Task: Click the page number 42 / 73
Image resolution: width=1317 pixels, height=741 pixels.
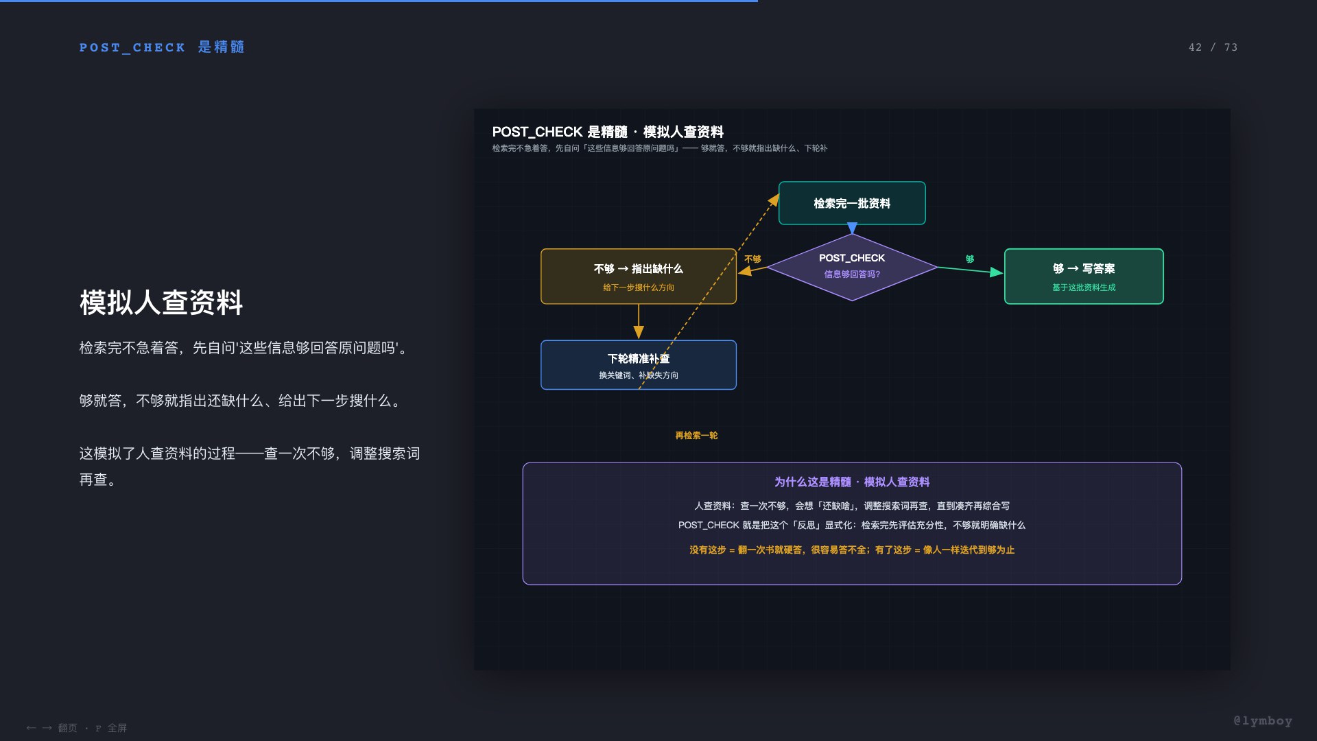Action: click(1213, 47)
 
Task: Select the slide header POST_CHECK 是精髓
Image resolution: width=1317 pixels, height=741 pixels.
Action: click(162, 47)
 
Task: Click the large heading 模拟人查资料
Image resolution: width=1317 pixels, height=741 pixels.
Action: click(161, 303)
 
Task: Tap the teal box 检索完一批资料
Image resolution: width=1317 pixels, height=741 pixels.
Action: click(852, 203)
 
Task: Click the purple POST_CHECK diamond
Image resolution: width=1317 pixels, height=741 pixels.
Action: click(852, 267)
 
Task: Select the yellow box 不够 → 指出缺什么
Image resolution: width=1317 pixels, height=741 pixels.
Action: click(639, 277)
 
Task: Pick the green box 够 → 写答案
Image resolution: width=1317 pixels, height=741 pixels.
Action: click(1084, 277)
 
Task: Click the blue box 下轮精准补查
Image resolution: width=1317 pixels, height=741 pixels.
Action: click(639, 365)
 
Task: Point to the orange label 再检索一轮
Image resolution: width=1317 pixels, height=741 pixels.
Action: click(696, 436)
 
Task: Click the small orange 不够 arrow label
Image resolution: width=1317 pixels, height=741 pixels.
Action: click(752, 259)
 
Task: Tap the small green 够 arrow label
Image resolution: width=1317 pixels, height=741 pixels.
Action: click(970, 259)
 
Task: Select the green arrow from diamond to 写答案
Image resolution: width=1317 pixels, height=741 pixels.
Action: click(970, 270)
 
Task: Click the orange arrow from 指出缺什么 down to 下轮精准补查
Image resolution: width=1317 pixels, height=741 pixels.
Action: click(639, 322)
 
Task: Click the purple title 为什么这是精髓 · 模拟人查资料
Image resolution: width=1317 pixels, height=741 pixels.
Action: click(852, 482)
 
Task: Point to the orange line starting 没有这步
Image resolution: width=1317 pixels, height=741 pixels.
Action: click(852, 550)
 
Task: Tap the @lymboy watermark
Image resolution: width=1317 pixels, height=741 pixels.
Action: click(1263, 721)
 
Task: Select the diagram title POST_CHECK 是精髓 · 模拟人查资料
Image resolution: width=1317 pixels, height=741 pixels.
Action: click(608, 132)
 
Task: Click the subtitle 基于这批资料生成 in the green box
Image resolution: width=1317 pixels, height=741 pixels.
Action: click(1084, 287)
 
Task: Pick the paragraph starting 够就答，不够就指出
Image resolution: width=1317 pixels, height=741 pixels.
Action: click(241, 401)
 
